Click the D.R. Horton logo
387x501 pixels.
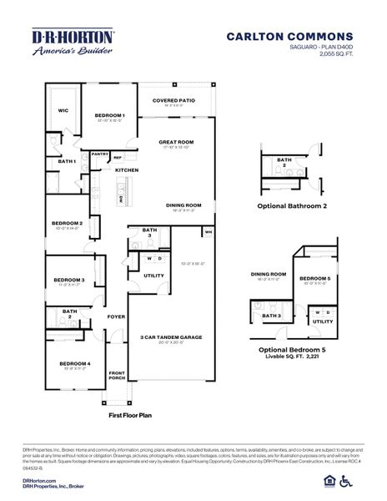coord(73,43)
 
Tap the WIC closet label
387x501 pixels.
coord(62,109)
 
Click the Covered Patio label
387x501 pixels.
coord(173,100)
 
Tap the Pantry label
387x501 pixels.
coord(100,154)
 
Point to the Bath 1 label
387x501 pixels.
coord(67,161)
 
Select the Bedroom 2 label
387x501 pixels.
coord(68,223)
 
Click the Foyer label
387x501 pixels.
coord(116,316)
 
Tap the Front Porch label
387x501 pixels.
coord(116,376)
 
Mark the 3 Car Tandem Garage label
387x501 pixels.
coord(173,337)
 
